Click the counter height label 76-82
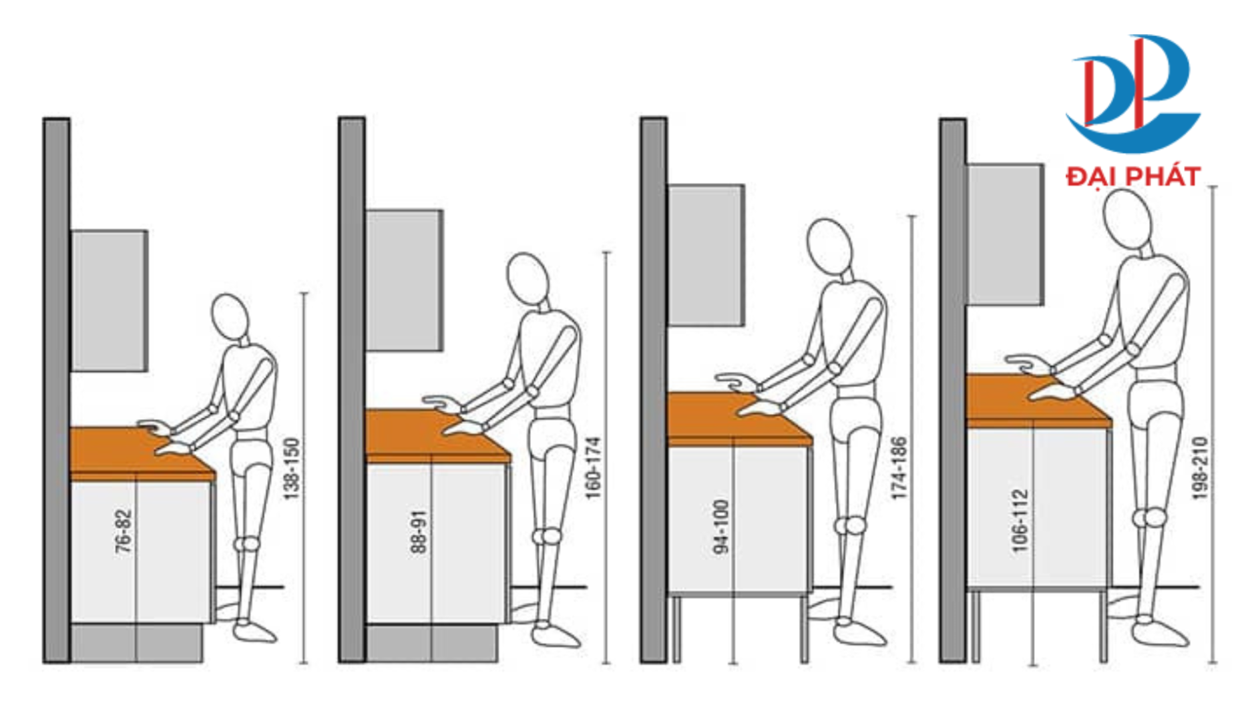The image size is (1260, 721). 124,532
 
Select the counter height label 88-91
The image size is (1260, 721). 419,532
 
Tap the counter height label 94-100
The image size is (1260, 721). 721,527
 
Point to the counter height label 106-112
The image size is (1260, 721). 1020,520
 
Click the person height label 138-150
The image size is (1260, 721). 292,469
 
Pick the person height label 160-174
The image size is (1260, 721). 593,469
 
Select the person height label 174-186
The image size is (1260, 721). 899,469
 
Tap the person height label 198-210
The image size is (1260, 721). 1200,469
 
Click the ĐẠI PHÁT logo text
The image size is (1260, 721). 1133,177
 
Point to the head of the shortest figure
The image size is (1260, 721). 230,318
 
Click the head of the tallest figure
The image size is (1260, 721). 1128,214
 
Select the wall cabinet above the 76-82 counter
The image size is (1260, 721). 110,300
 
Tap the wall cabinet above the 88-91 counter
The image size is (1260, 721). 404,280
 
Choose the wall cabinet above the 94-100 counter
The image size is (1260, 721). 706,256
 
